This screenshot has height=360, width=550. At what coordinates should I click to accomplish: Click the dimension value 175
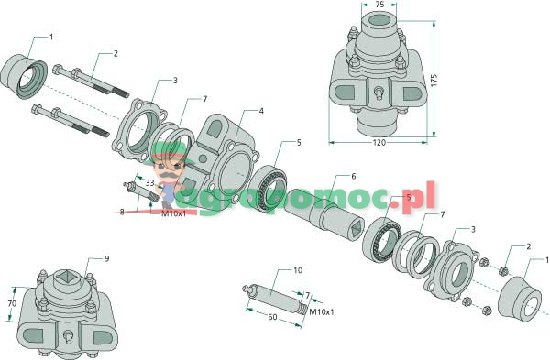[434, 81]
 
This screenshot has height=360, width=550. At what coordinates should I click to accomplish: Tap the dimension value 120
[379, 143]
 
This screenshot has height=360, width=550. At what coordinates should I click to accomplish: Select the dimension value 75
[379, 5]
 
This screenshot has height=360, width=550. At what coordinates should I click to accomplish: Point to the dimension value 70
[12, 303]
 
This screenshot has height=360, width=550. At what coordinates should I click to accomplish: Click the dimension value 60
[272, 317]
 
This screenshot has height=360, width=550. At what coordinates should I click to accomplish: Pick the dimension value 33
[150, 182]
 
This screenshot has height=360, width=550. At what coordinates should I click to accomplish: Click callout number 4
[261, 111]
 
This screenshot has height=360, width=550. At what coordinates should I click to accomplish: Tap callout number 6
[353, 176]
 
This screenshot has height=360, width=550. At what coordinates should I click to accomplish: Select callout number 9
[107, 258]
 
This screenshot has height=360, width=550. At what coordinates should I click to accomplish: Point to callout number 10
[298, 270]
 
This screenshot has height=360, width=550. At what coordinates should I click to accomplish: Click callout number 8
[122, 212]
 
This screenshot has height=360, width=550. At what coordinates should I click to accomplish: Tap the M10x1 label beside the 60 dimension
[322, 312]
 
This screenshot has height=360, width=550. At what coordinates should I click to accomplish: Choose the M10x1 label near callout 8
[173, 213]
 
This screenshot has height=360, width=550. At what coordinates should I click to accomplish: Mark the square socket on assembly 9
[65, 278]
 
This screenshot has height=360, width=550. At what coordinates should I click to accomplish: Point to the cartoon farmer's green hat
[169, 153]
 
